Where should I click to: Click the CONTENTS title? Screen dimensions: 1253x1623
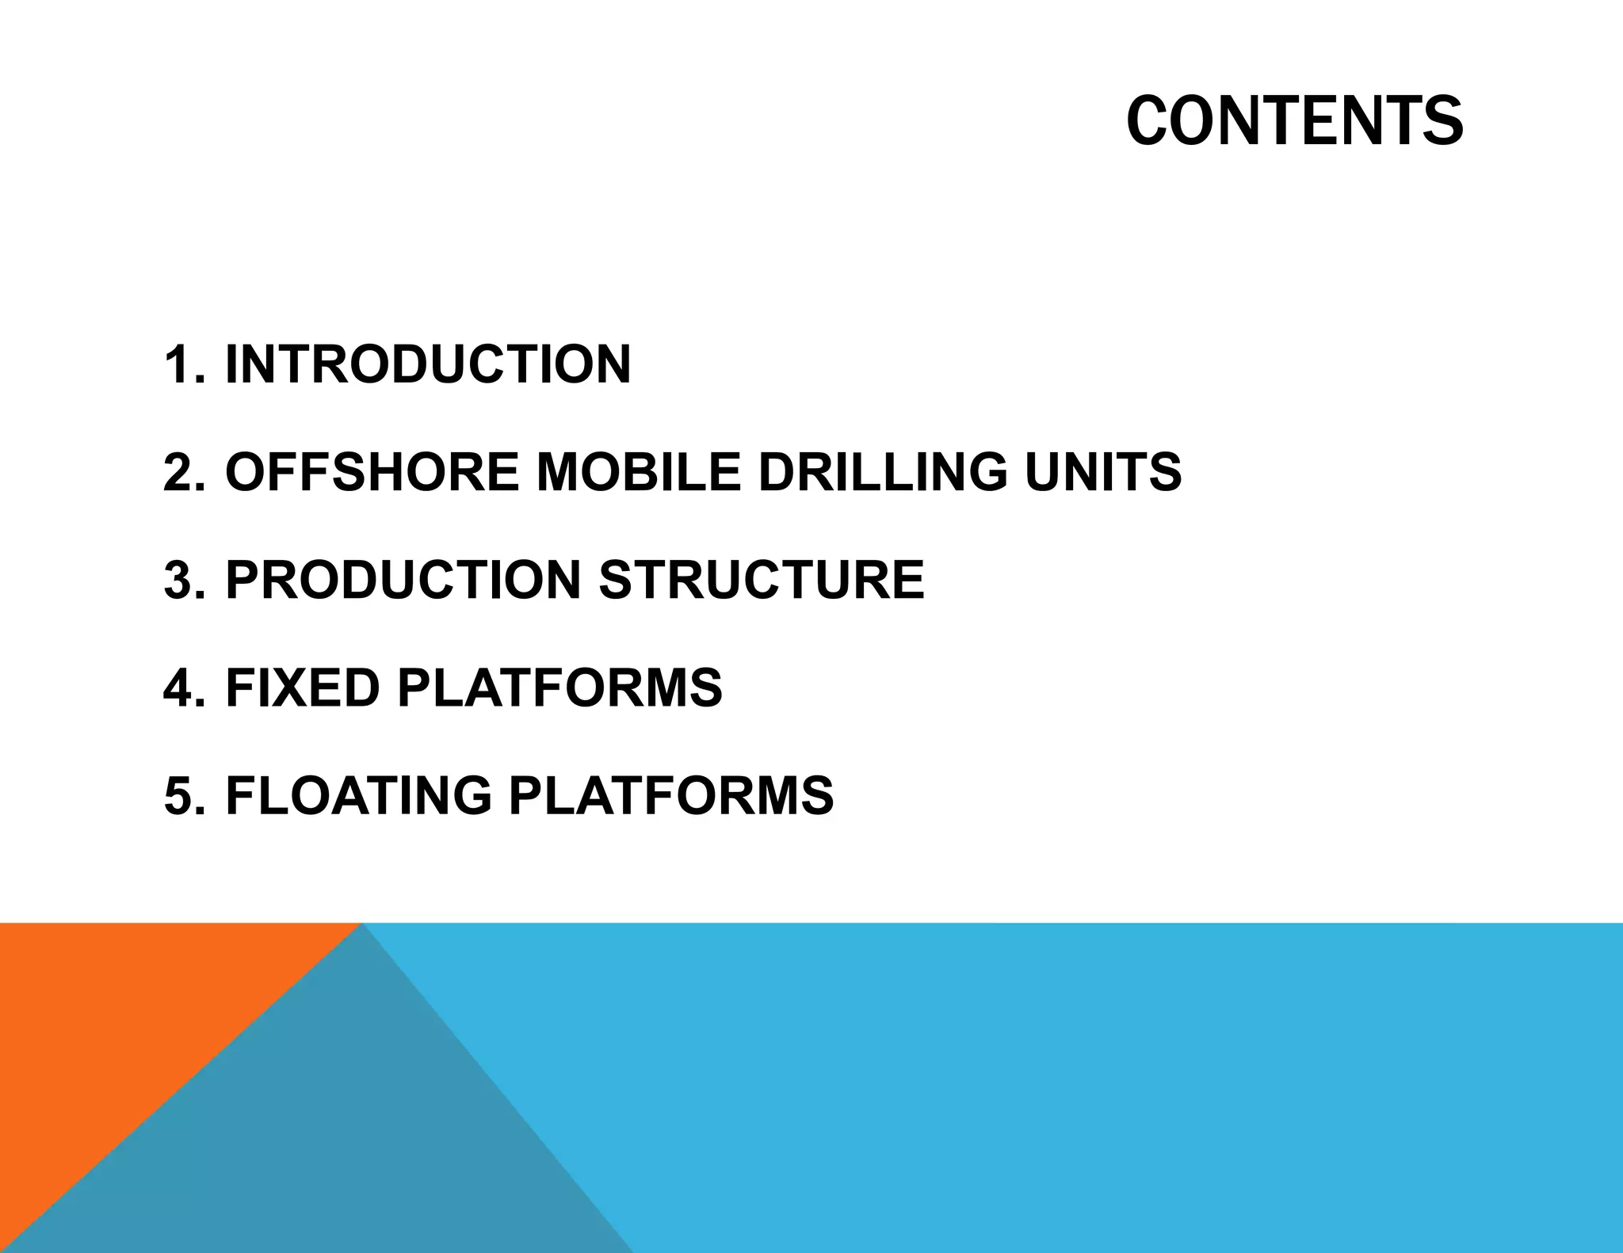[x=1294, y=121]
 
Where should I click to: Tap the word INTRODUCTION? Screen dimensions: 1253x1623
[x=428, y=364]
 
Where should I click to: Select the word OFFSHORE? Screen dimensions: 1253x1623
[x=372, y=472]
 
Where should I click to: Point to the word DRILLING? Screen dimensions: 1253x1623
[x=883, y=472]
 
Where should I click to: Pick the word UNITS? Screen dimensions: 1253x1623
[x=1102, y=472]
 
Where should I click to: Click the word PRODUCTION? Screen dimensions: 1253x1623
[x=403, y=580]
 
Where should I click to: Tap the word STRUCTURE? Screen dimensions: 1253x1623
[x=762, y=580]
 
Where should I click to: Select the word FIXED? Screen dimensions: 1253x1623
[x=303, y=687]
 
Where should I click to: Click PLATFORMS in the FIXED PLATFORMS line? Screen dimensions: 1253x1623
[x=559, y=687]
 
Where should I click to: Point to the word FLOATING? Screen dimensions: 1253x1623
[x=358, y=795]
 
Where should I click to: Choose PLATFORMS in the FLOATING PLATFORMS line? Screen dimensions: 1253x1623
[x=671, y=795]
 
